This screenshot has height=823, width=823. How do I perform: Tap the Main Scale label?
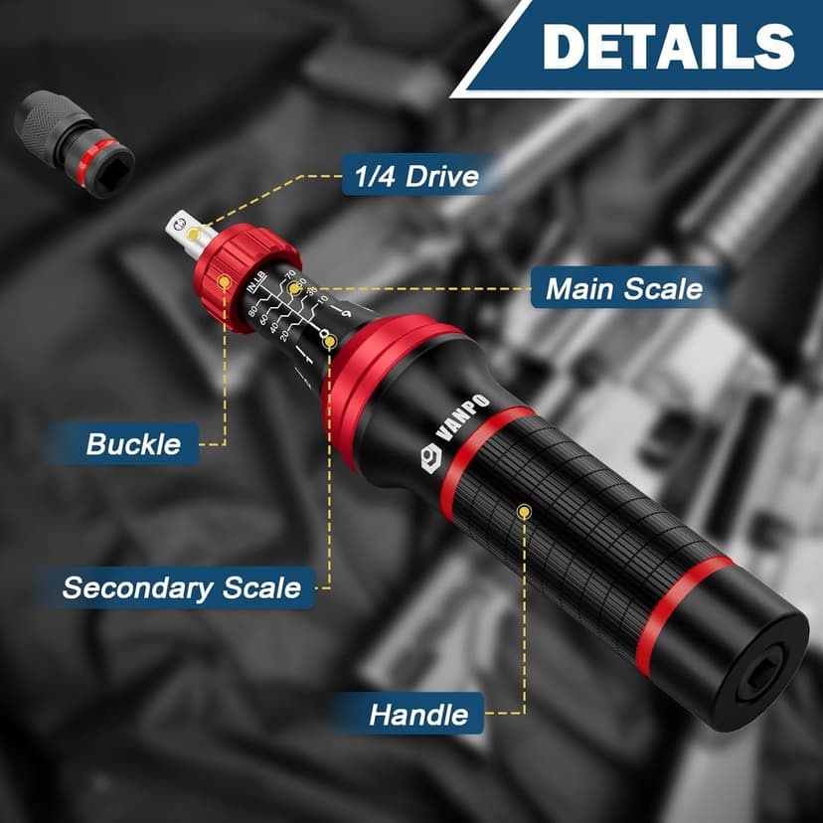pyautogui.click(x=623, y=289)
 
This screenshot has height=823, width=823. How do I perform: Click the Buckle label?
pyautogui.click(x=133, y=443)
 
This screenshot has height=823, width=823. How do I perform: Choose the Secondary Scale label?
pyautogui.click(x=181, y=586)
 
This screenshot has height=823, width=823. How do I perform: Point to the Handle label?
pyautogui.click(x=417, y=714)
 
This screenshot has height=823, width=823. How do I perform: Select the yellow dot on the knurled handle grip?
pyautogui.click(x=524, y=511)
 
